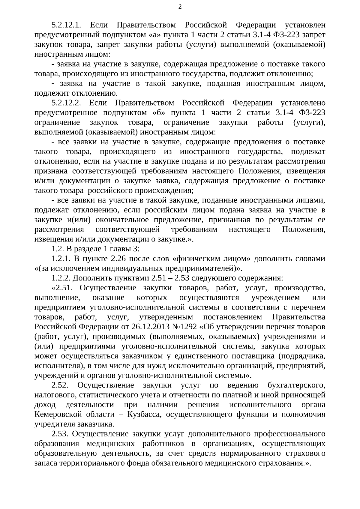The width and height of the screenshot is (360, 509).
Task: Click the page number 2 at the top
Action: pos(180,7)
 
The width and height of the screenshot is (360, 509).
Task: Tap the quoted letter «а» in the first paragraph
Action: pos(154,35)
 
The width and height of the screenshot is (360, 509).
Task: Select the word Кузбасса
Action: pos(145,415)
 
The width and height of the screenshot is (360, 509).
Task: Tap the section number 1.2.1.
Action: pos(61,259)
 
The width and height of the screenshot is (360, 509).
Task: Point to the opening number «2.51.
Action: pos(64,288)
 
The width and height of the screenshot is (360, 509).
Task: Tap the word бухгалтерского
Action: pos(296,385)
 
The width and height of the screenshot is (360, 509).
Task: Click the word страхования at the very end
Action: pos(283,463)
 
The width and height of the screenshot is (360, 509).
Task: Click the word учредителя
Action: pos(55,424)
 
